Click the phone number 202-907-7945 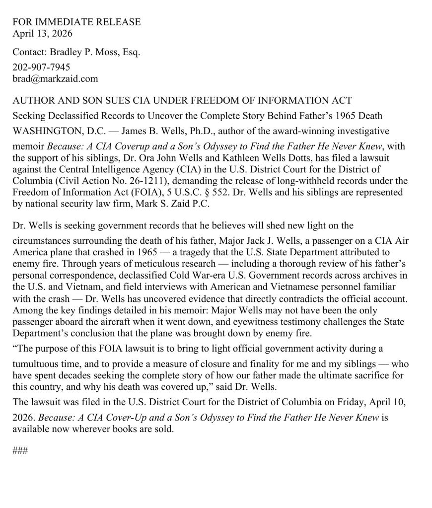[x=41, y=67]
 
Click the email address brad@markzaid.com [x=55, y=78]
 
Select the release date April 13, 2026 [x=42, y=34]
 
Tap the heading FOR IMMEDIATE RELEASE [x=76, y=22]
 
